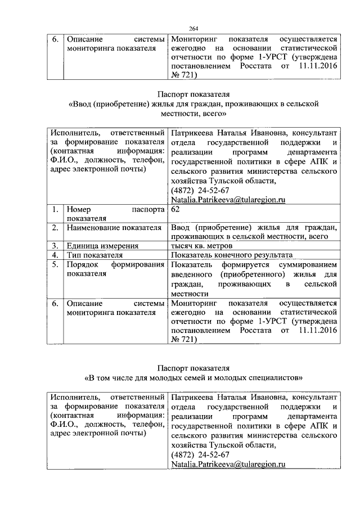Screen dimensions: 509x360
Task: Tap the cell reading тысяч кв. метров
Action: pyautogui.click(x=201, y=246)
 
